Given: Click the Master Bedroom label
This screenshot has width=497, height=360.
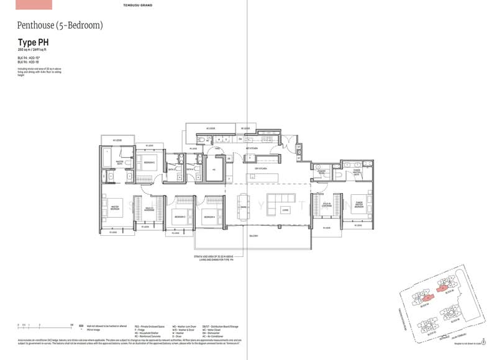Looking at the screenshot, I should [x=115, y=208].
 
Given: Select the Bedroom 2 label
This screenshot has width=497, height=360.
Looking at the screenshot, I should [x=148, y=163].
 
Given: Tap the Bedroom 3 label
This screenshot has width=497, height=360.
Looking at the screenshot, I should [x=180, y=217].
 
